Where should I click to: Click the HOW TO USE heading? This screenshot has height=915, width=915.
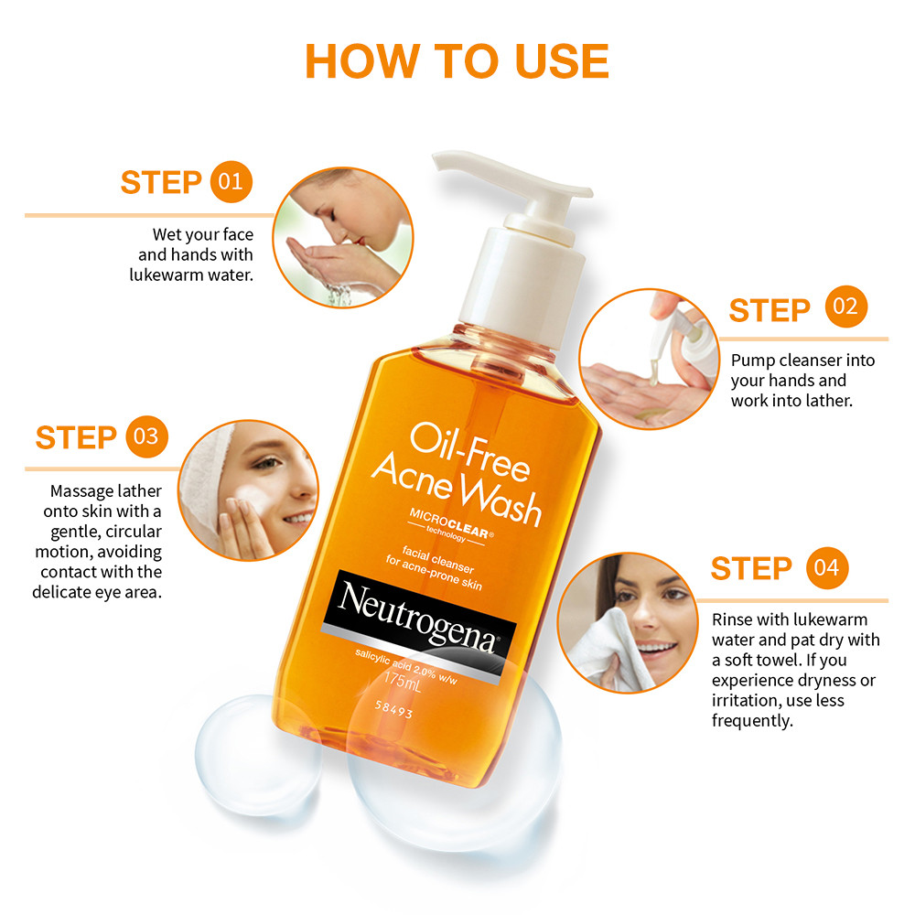tap(457, 60)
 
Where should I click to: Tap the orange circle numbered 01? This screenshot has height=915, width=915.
tap(231, 182)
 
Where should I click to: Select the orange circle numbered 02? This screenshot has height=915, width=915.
tap(845, 307)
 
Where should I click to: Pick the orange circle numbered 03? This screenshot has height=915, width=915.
tap(145, 436)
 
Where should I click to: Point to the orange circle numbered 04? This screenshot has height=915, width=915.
tap(827, 568)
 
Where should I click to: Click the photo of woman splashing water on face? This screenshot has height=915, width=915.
tap(339, 237)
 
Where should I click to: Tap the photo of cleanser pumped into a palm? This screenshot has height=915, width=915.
tap(648, 359)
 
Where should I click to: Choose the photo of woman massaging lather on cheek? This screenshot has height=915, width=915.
tap(248, 490)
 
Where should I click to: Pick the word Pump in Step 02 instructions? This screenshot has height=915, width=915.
tap(751, 360)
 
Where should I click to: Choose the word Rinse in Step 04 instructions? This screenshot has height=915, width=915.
tap(732, 619)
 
